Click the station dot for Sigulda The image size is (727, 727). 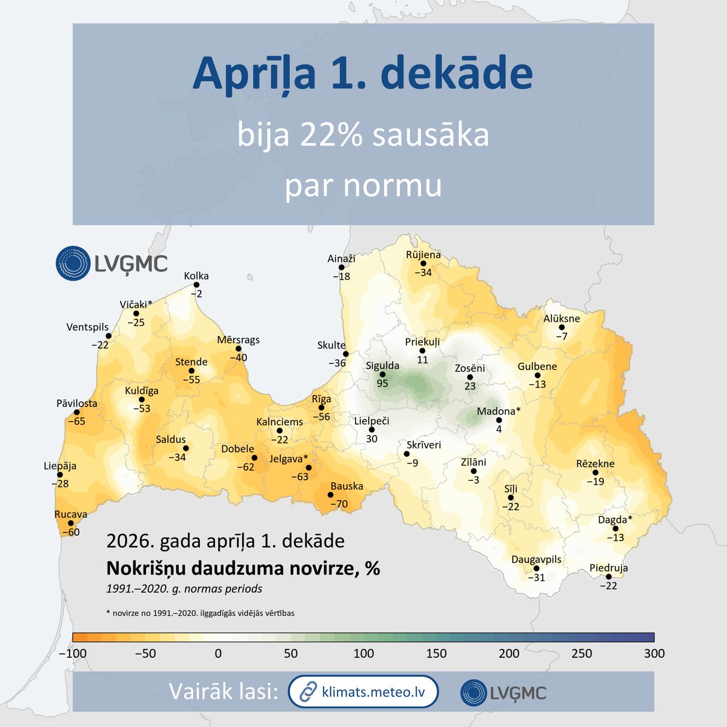[x=382, y=374]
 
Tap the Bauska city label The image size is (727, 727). [x=347, y=486]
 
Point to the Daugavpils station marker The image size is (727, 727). [x=536, y=568]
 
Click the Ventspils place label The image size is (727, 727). [x=87, y=327]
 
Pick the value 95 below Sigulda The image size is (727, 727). [x=382, y=383]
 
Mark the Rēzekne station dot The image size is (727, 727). [x=595, y=473]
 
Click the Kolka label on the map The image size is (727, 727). [x=196, y=276]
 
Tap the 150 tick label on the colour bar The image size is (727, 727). [x=436, y=654]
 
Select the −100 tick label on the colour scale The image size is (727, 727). [x=72, y=654]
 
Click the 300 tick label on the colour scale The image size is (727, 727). [x=654, y=654]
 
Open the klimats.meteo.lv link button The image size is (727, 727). [x=363, y=691]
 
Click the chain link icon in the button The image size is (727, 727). [x=309, y=691]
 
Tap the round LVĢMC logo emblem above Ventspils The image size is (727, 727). [x=73, y=264]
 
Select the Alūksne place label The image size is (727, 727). [x=562, y=319]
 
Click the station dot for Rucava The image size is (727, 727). [x=71, y=523]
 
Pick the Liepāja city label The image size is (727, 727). [x=60, y=466]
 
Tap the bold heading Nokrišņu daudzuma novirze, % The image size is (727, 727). [x=243, y=568]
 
